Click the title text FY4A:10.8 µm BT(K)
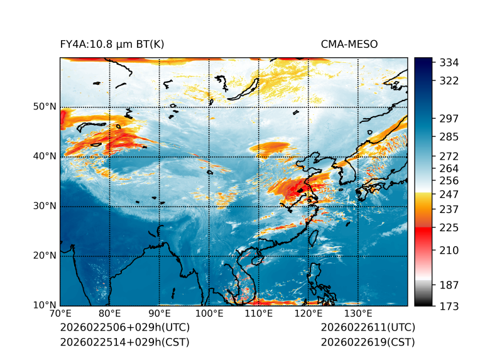(x=112, y=44)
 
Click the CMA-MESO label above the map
(x=349, y=44)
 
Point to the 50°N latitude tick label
(x=44, y=107)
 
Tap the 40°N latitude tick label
(x=44, y=156)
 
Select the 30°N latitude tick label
(x=44, y=206)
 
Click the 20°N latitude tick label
(x=44, y=256)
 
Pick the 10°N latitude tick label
(x=44, y=305)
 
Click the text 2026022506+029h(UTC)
(x=124, y=328)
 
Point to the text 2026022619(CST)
(x=368, y=342)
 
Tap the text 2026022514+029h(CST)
(x=124, y=342)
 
